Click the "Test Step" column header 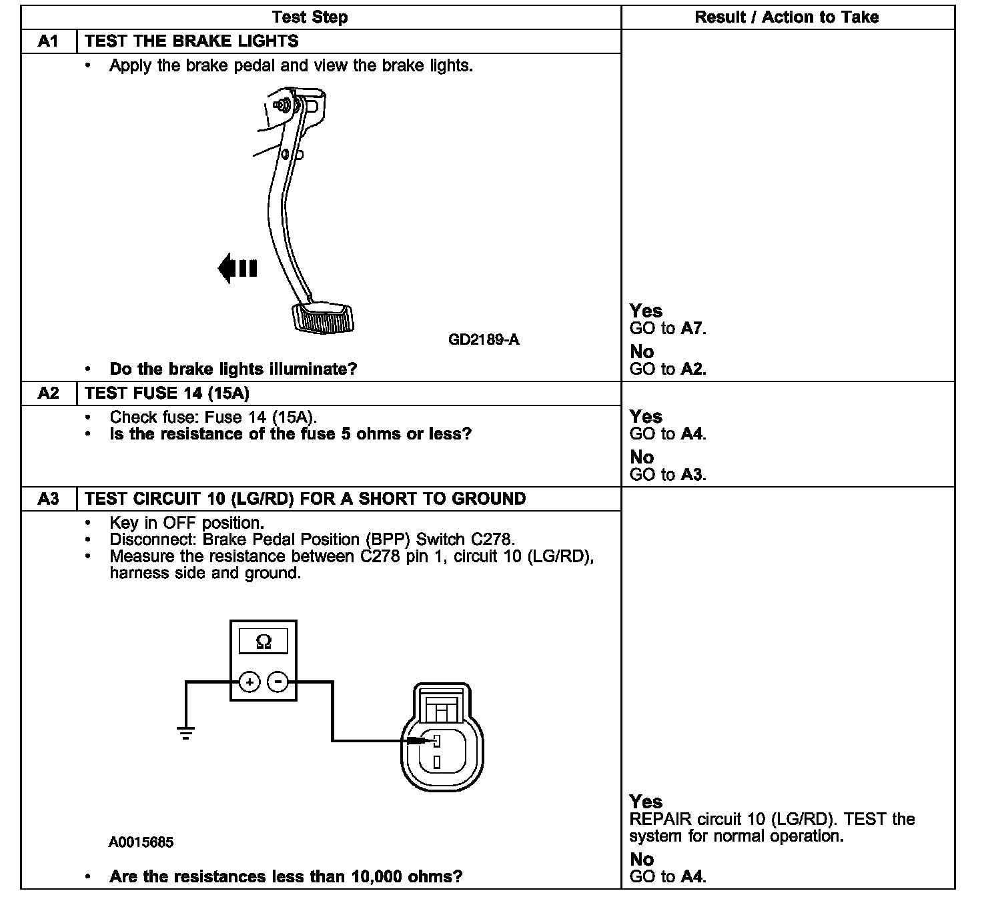310,17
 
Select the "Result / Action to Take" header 787,17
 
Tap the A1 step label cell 49,41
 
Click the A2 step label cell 49,393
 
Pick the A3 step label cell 49,499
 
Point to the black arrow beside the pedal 237,268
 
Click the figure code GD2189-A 484,340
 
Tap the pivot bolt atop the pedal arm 282,105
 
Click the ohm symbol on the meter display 264,642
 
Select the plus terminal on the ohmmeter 249,682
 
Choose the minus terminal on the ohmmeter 278,682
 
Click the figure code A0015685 141,842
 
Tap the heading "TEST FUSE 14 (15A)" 167,393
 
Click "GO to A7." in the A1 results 668,328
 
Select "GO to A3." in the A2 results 668,475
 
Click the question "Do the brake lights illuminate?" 233,369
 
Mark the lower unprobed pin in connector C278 436,761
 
